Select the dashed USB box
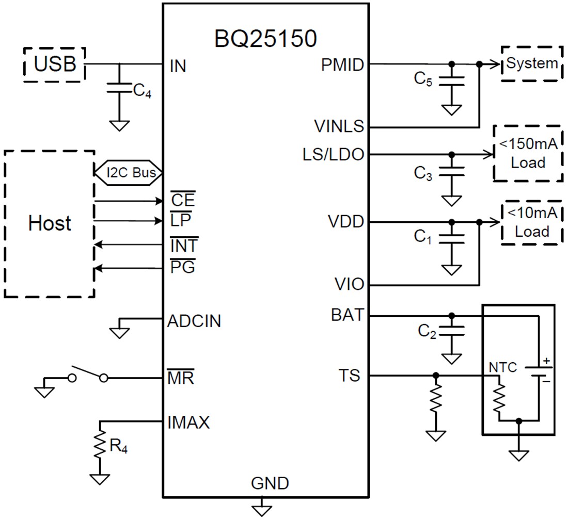55,64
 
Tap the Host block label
50,223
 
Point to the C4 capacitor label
143,91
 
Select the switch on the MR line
88,374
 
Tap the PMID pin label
342,65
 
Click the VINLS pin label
339,126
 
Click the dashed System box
531,63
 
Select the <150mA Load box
528,153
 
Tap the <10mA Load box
531,223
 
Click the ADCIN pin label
194,321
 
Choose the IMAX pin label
188,423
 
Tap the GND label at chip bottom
270,483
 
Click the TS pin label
350,376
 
